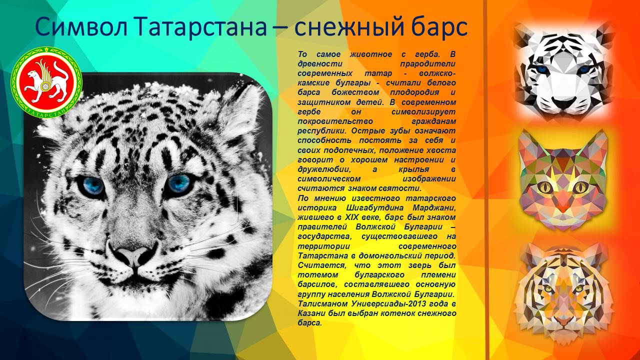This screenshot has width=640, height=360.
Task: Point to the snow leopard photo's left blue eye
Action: tap(92, 185)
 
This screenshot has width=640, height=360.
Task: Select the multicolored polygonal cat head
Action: tap(563, 180)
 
